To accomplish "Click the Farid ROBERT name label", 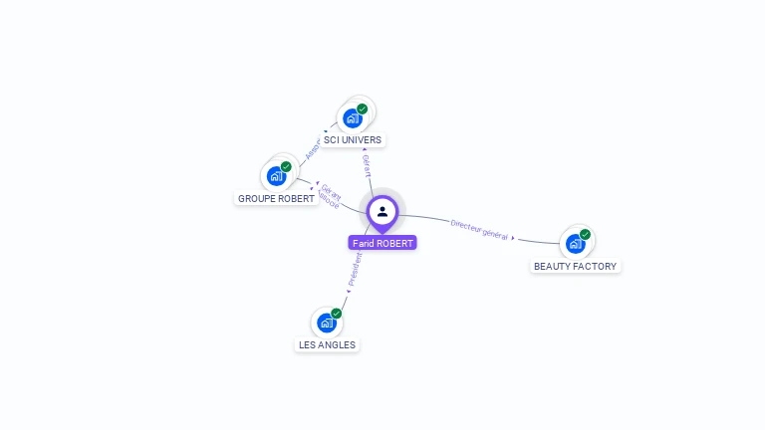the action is point(382,243).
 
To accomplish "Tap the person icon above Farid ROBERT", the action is point(382,211).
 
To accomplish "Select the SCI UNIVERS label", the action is point(353,140).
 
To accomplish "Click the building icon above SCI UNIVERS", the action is point(352,118).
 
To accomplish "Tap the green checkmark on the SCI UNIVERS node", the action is point(363,108).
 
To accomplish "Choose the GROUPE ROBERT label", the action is point(276,198).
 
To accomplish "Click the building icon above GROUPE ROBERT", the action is point(276,176).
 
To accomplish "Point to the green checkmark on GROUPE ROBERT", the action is point(286,166).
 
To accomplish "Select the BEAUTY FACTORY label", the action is point(575,266).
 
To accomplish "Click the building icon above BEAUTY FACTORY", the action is point(575,244).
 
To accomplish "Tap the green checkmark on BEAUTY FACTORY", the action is point(585,234).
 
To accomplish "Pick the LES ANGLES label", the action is point(327,344).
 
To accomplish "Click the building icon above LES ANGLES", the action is point(326,322).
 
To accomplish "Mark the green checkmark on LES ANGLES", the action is point(337,313).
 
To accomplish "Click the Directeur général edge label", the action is point(479,230).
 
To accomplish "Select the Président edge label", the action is point(355,269).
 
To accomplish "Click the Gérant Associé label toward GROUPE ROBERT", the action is point(330,194).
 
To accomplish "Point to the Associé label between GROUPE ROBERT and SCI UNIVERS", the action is point(312,149).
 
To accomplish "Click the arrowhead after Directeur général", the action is point(513,238).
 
